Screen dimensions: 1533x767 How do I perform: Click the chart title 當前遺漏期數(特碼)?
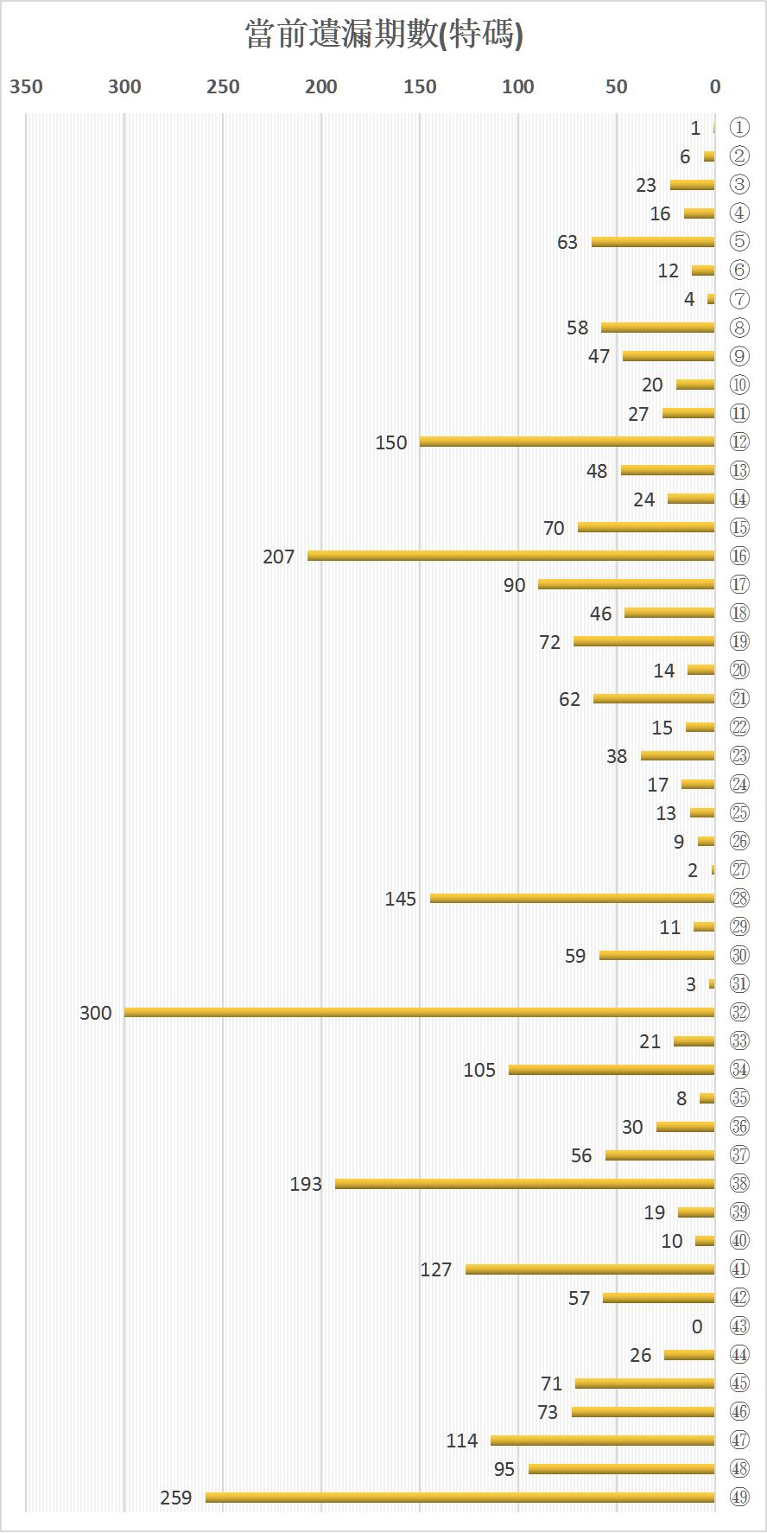point(383,35)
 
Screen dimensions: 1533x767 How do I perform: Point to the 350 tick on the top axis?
point(26,86)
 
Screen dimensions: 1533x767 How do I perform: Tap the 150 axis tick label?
point(420,86)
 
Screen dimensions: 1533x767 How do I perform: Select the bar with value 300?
point(419,1012)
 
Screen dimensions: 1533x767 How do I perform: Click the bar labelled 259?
point(460,1497)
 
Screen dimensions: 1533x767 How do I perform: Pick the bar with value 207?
point(510,556)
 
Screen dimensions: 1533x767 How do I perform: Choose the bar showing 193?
point(524,1183)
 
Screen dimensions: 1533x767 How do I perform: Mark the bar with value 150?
point(567,442)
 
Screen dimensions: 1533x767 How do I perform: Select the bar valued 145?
point(572,898)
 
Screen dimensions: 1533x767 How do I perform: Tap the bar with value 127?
point(590,1269)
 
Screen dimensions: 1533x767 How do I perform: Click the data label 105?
point(479,1070)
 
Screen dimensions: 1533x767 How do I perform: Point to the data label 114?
point(462,1441)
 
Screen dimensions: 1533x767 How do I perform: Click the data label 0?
point(697,1326)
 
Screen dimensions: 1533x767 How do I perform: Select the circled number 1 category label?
point(739,128)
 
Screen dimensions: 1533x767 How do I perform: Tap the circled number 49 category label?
point(739,1497)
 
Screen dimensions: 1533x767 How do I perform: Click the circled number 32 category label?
point(739,1012)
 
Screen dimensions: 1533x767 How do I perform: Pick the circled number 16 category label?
point(739,556)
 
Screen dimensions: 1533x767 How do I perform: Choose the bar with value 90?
point(626,584)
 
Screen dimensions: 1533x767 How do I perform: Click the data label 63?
point(567,242)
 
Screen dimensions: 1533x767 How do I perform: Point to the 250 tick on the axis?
point(223,86)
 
